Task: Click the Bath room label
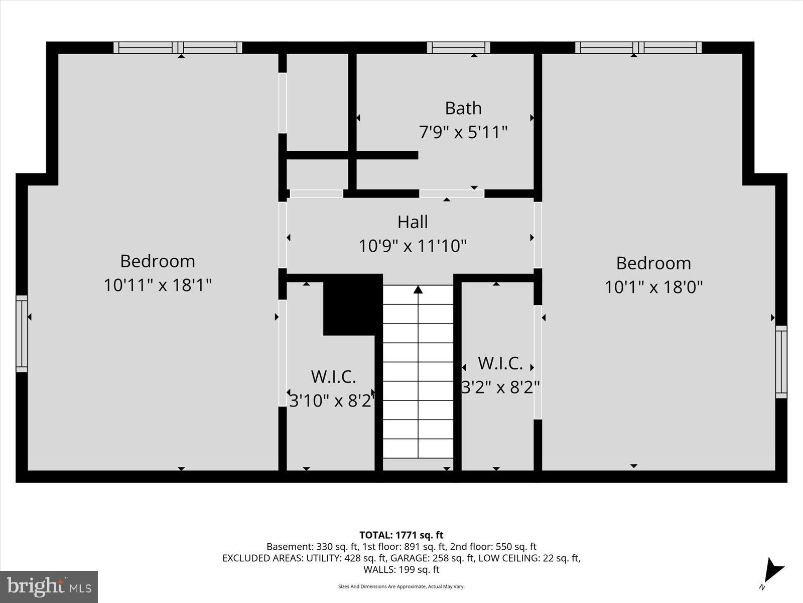click(x=463, y=108)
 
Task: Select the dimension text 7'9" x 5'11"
click(x=463, y=133)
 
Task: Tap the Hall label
click(x=413, y=222)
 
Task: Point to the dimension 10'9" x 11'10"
click(x=413, y=246)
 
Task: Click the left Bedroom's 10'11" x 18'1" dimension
click(x=157, y=285)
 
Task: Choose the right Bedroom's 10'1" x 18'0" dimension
click(x=653, y=287)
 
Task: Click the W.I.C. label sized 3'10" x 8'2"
click(x=333, y=376)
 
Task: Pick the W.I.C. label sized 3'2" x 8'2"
click(x=500, y=363)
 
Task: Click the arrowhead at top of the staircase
click(x=418, y=289)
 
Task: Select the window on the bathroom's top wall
click(x=458, y=48)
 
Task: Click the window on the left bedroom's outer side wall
click(x=22, y=334)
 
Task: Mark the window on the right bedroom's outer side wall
click(x=781, y=362)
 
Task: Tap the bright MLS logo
click(x=49, y=586)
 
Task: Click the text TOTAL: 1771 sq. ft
click(x=401, y=535)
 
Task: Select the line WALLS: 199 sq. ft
click(x=401, y=569)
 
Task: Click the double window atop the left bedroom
click(x=178, y=48)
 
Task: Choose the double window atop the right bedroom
click(x=638, y=48)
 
